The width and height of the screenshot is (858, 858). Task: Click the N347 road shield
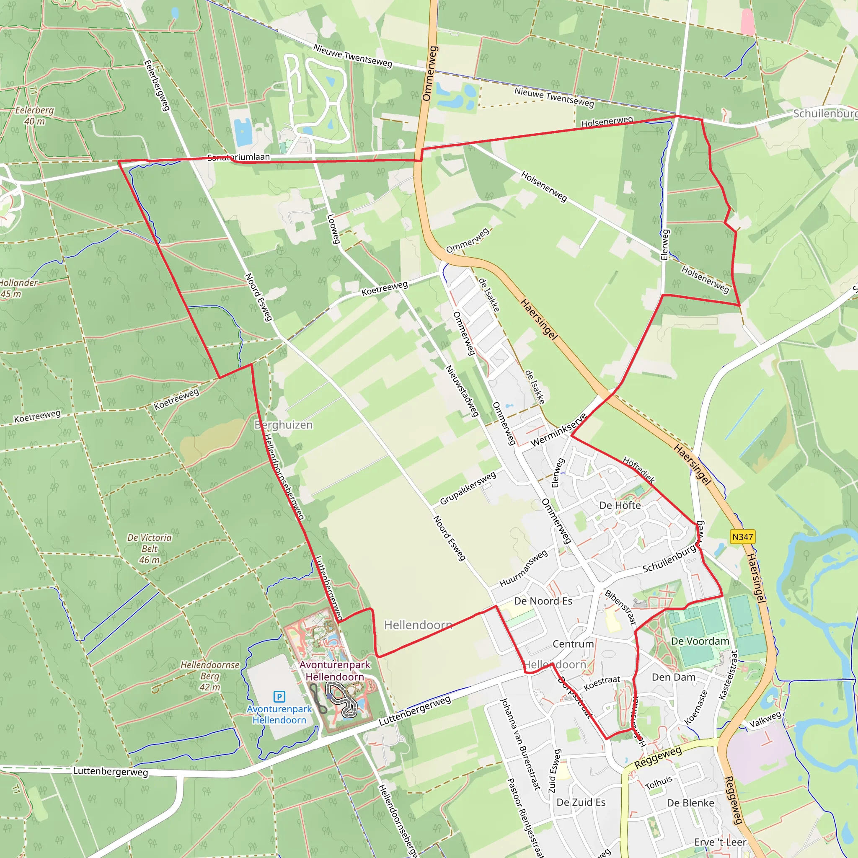point(742,537)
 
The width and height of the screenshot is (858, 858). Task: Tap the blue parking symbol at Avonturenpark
point(279,696)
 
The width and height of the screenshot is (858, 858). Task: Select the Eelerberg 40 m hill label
point(34,116)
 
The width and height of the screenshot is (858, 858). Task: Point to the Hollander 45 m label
point(18,288)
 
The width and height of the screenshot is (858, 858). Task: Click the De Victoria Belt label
point(150,548)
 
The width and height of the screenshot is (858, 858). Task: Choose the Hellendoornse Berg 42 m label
point(209,675)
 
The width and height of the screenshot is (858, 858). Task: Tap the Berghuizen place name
point(283,425)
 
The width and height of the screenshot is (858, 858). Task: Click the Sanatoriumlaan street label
point(238,157)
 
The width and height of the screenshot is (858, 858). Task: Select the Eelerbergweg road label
point(157,85)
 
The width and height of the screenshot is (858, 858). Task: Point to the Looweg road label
point(333,229)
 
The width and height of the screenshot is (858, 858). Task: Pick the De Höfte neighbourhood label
point(620,505)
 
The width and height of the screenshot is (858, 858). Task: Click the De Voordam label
point(700,641)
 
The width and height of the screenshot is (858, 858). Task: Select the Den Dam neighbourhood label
point(674,677)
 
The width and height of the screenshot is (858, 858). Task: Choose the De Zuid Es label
point(581,802)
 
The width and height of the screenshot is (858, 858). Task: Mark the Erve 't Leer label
point(720,842)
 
